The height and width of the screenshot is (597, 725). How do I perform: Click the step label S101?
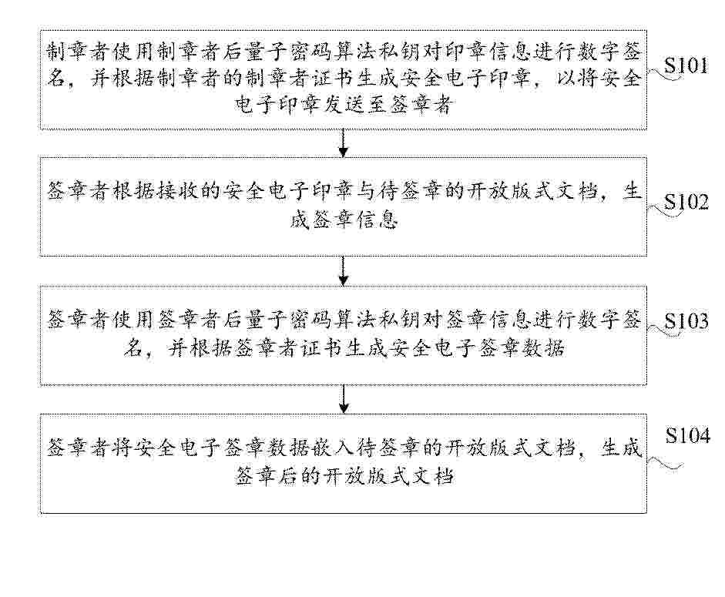point(686,66)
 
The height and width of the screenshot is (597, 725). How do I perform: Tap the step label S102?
point(686,202)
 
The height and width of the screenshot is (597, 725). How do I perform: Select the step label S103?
point(686,321)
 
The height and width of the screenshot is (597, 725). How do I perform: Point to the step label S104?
point(687,435)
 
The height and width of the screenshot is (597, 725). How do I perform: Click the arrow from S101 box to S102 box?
point(343,143)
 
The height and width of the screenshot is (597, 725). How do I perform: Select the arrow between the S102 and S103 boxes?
point(343,271)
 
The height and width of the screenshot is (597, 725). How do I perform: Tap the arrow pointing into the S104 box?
point(343,398)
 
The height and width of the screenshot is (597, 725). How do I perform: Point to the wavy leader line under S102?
point(665,211)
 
